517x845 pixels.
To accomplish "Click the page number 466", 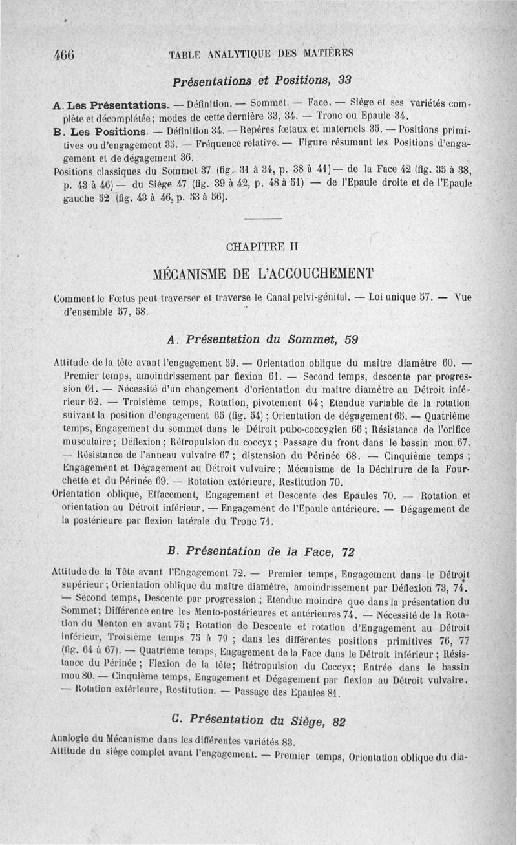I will pos(65,55).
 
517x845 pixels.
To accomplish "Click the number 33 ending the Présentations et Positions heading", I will pos(344,81).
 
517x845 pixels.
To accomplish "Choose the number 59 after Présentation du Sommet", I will pos(351,339).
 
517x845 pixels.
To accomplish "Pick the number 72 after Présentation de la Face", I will pos(348,551).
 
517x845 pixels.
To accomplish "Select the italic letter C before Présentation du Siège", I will pos(176,718).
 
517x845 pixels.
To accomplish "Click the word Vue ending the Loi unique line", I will pos(463,297).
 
